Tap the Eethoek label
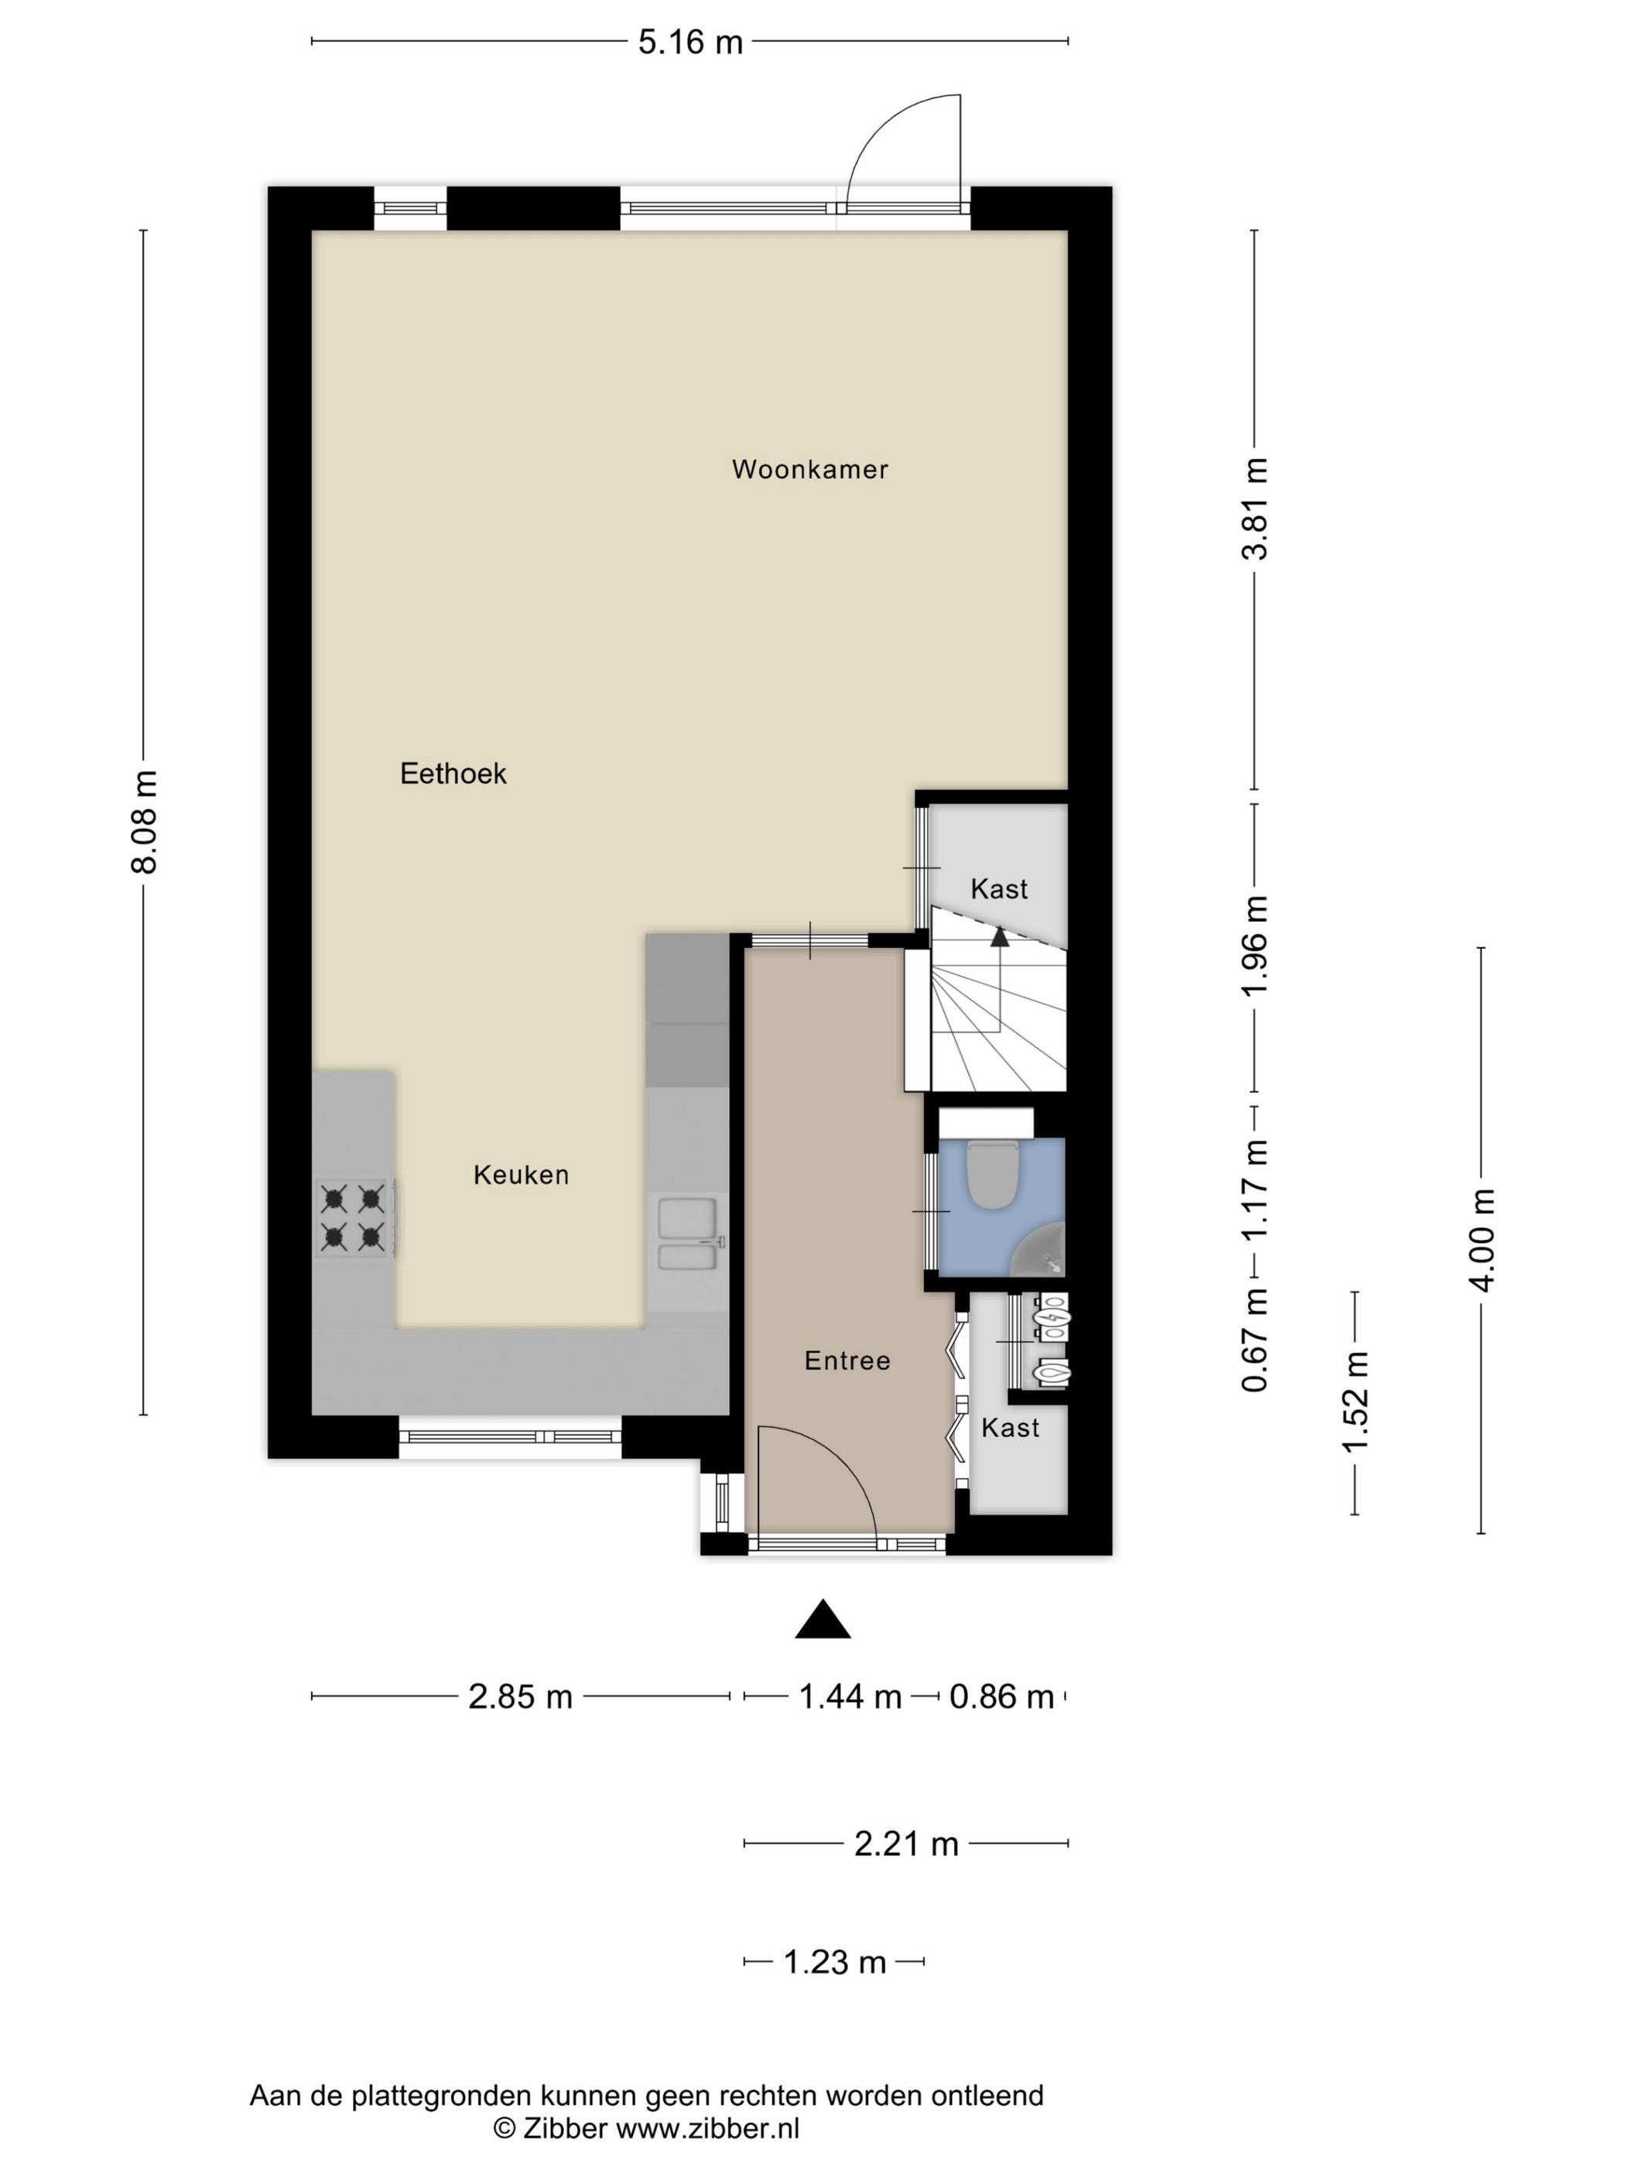coord(453,774)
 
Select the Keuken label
coord(521,1175)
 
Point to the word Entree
coord(847,1360)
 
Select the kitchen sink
coord(690,1232)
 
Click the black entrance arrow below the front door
coord(823,1618)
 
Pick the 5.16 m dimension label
coord(690,42)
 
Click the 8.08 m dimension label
coord(144,822)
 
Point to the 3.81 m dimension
coord(1255,508)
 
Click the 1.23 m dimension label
coord(834,1961)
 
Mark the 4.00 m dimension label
coord(1482,1241)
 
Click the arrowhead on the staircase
coord(999,936)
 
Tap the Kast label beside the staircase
coord(999,888)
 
